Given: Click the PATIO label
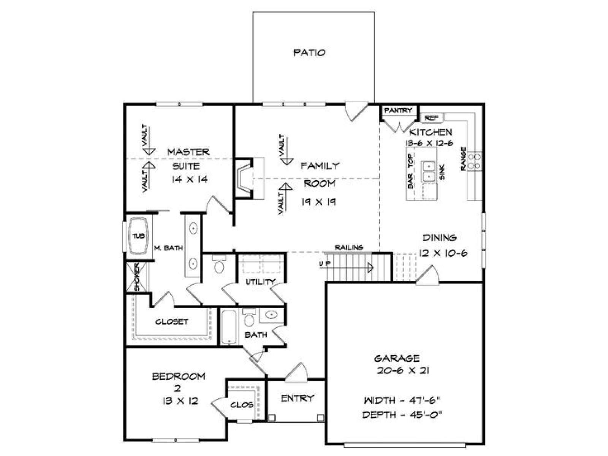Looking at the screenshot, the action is point(309,52).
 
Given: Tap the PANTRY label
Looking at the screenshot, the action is point(398,111).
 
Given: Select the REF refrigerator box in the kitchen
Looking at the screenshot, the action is point(432,118).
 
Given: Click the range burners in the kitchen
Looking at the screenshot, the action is point(474,161).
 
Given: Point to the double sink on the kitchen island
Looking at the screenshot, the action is point(429,171).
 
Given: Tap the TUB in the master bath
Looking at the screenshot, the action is point(138,236).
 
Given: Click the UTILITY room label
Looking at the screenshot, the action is point(260,282).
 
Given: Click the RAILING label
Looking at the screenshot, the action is point(349,247).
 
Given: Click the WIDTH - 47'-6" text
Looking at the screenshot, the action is point(402,400).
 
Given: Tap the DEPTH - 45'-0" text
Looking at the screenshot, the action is point(402,415).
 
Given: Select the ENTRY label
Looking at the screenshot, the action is point(297,398).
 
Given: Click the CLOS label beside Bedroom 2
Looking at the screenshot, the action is point(242,405).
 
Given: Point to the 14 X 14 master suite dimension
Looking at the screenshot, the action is point(189,179).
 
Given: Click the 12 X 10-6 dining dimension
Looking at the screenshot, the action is point(443,253).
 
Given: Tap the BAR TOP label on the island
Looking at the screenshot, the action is point(410,171).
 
